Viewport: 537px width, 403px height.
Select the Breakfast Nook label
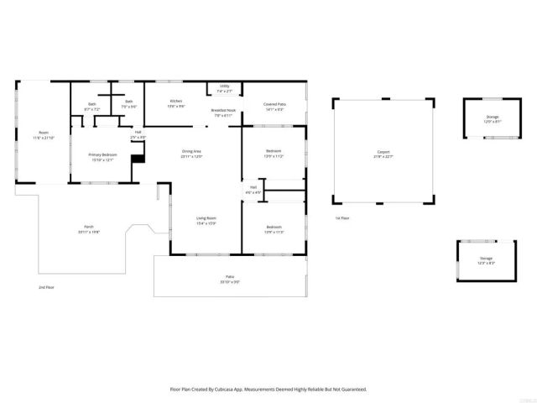click(222, 113)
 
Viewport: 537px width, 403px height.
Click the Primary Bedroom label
click(102, 157)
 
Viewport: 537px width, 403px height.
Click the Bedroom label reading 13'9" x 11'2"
click(274, 154)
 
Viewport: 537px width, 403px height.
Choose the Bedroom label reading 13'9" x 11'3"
click(274, 228)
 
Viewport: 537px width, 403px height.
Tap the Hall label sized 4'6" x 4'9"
click(253, 190)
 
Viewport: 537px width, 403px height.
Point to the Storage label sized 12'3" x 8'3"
click(486, 260)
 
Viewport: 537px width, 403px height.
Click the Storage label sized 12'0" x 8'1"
click(492, 119)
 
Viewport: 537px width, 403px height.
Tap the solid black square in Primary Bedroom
click(138, 152)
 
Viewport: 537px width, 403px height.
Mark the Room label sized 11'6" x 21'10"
click(42, 135)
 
